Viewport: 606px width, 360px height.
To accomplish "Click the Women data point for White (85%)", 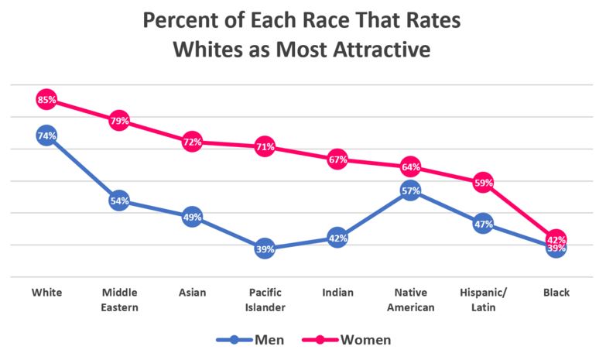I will pos(46,100).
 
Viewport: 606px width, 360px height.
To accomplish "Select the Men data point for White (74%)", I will pos(46,135).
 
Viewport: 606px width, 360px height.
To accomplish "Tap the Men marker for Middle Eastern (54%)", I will pos(119,201).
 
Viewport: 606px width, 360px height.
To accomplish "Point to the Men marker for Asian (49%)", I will pos(192,218).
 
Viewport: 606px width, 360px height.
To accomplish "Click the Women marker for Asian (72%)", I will pos(192,142).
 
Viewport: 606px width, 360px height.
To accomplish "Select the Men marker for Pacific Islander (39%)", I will pos(265,249).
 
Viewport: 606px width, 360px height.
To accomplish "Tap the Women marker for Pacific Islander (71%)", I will pos(265,146).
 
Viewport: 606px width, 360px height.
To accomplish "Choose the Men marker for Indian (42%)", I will pos(337,238).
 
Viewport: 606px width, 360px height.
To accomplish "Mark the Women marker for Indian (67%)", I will pos(337,159).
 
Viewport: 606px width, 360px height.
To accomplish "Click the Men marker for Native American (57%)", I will pos(410,190).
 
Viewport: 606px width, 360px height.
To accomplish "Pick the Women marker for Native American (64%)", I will pos(410,167).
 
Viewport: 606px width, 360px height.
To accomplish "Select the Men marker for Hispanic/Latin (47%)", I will pos(483,225).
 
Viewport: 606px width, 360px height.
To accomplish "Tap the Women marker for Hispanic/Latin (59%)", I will pos(483,183).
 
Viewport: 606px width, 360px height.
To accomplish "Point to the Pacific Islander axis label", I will pos(265,300).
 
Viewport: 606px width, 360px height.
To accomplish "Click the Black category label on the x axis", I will pos(556,293).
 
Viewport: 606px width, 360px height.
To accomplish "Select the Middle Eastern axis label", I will pos(119,300).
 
